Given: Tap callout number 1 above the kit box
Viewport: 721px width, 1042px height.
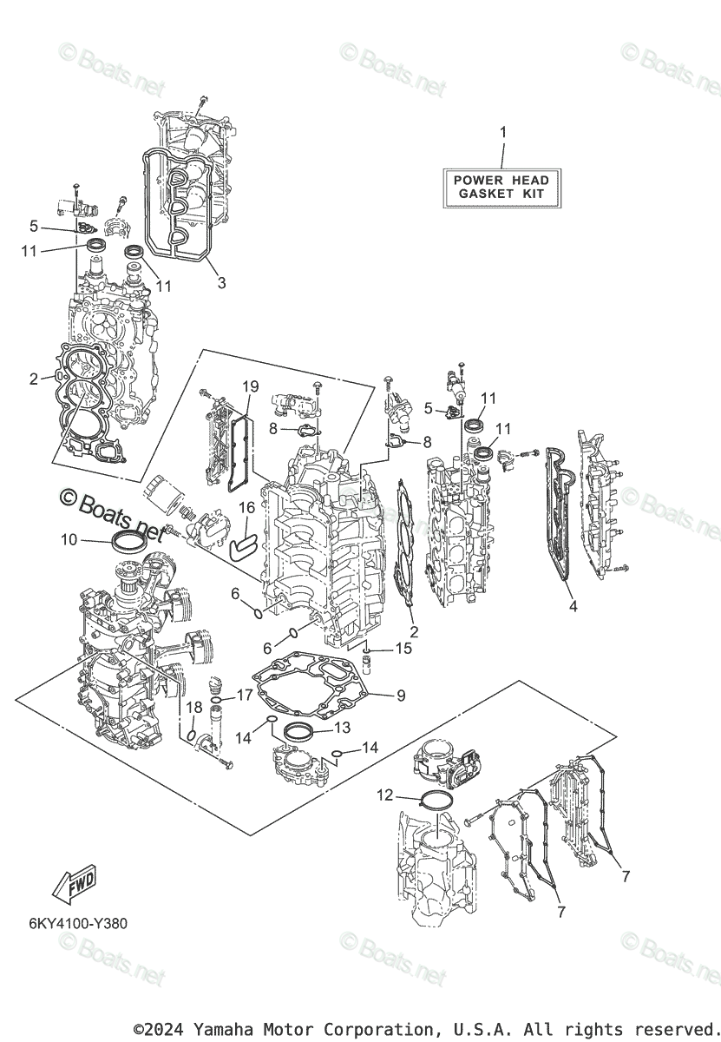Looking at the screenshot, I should (502, 133).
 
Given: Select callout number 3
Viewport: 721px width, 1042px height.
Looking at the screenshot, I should (222, 283).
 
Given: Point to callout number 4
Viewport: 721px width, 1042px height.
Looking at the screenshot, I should (573, 607).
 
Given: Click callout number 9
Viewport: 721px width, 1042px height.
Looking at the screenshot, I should (401, 696).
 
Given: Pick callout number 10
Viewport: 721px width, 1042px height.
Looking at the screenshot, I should (69, 540).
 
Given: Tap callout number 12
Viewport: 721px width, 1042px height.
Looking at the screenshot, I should (384, 795).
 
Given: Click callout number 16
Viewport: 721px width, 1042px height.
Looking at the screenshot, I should (246, 508).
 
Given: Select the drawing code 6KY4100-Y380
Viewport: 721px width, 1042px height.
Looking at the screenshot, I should (77, 923).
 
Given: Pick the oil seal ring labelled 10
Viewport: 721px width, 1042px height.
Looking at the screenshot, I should (128, 543).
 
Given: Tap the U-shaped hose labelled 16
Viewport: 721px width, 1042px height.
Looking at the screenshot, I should (240, 544).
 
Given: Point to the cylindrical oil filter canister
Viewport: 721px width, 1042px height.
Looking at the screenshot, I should (166, 497).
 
